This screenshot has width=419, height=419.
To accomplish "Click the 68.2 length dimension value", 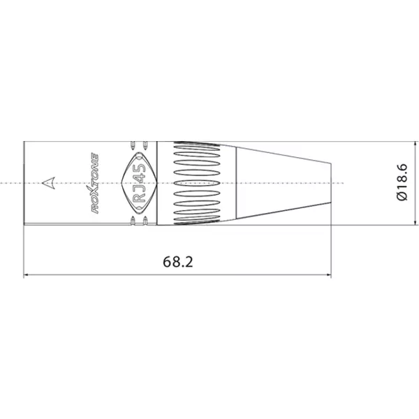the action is (x=177, y=262).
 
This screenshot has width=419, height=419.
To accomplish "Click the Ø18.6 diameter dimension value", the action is (x=402, y=182).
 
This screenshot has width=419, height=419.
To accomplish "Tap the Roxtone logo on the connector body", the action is (x=95, y=183).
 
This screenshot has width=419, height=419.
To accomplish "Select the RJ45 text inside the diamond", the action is (x=139, y=183).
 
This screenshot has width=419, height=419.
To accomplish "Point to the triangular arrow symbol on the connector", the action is (x=49, y=183).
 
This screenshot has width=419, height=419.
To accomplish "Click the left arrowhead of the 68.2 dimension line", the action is (x=27, y=274).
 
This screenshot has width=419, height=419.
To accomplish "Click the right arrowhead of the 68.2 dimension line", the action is (x=329, y=274).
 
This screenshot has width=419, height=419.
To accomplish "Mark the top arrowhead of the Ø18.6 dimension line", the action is (x=415, y=145).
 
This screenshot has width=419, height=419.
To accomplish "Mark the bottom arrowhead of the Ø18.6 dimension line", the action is (x=415, y=222).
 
